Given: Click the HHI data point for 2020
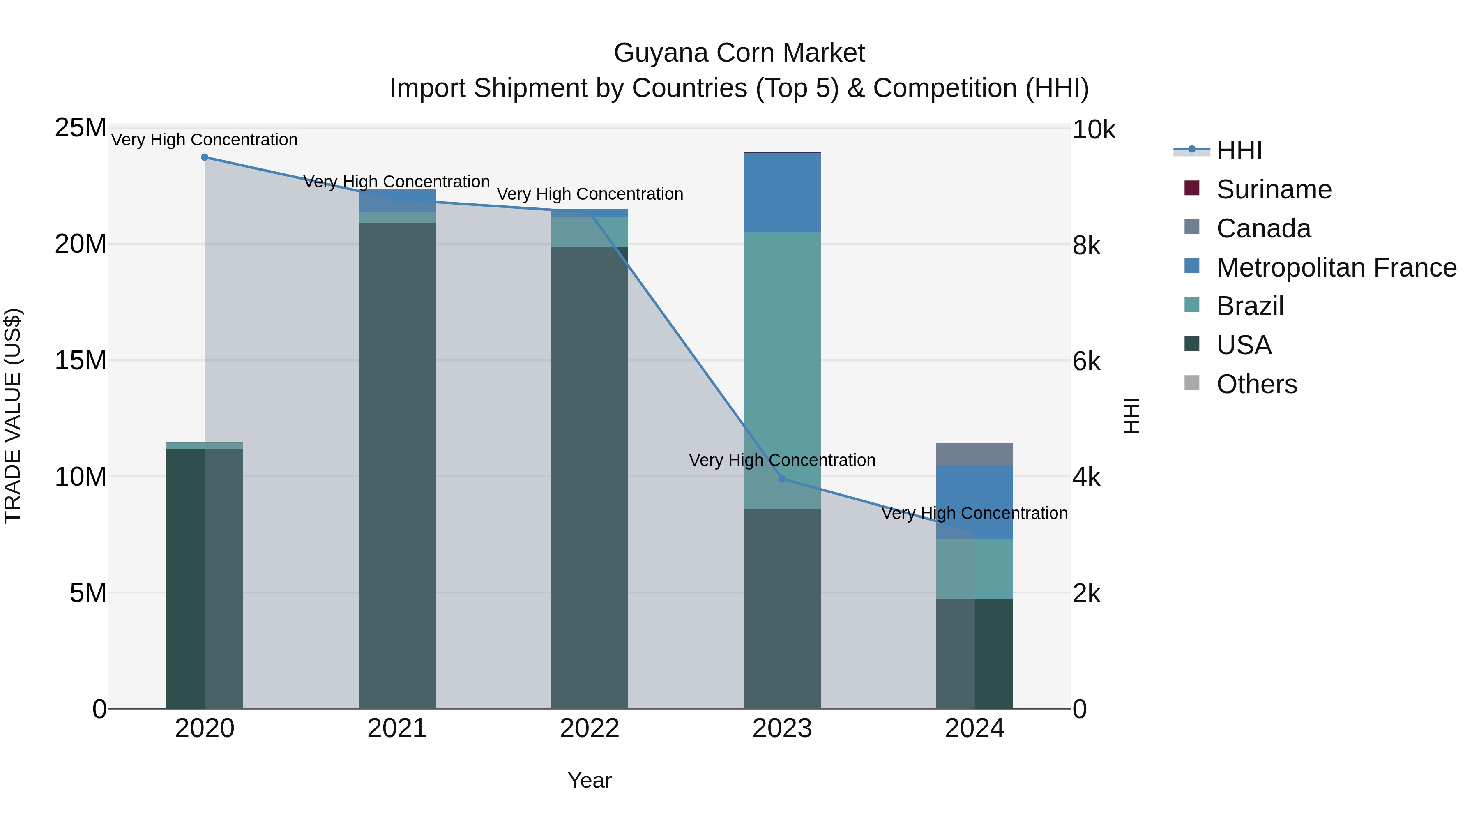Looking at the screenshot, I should point(205,157).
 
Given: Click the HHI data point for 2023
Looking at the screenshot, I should point(782,479).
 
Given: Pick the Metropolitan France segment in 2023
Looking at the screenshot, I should point(782,192).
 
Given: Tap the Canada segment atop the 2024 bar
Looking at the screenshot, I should point(974,454).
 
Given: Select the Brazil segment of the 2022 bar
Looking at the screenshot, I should point(590,232).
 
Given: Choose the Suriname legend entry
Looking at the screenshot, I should point(1274,189).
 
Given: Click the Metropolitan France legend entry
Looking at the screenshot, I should point(1336,267).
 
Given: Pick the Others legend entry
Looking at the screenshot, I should point(1256,384).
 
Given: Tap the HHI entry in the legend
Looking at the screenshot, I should point(1239,150).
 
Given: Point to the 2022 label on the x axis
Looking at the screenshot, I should point(590,728).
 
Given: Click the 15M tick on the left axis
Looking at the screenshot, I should point(81,361).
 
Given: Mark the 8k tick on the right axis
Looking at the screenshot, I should point(1086,246).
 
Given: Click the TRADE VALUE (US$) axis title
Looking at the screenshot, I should point(13,416).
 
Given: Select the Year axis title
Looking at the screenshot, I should point(590,780).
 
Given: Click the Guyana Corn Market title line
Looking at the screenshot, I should point(739,53).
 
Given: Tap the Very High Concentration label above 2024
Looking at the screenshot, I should point(974,513).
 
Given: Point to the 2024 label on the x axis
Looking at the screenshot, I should point(974,728).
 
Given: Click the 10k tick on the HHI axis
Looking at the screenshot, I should point(1093,130).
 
